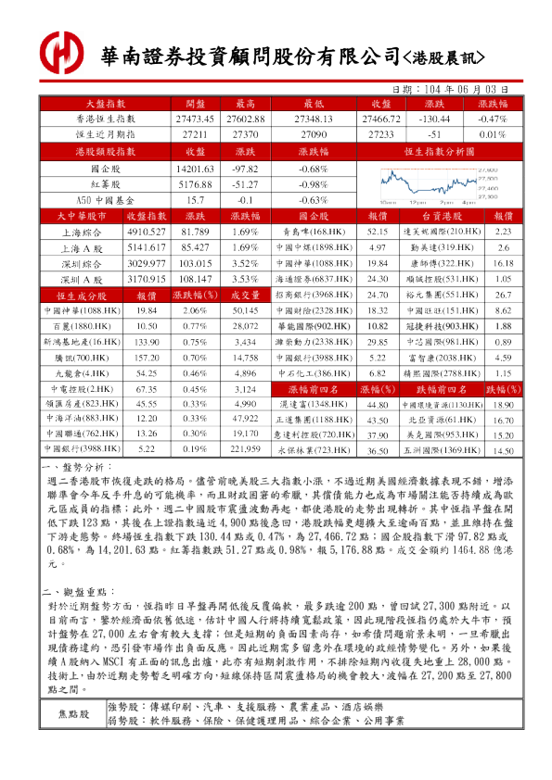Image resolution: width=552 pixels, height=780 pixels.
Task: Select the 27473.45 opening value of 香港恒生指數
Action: tap(194, 120)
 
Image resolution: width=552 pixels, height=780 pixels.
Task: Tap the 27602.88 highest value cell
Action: tap(245, 120)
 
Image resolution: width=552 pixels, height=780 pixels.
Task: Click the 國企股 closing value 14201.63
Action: tap(194, 170)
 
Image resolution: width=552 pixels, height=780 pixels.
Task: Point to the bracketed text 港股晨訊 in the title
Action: tap(443, 57)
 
